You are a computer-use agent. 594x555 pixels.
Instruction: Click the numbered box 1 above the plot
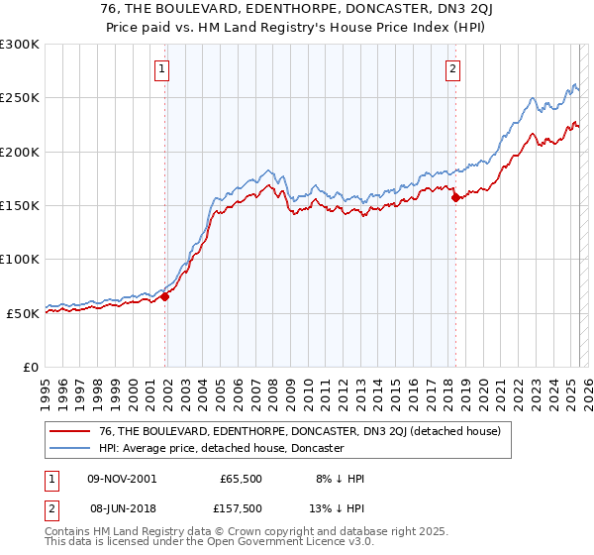coord(160,69)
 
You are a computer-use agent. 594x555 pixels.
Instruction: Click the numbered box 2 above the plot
coord(452,69)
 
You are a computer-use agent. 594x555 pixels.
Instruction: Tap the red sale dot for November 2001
coord(165,295)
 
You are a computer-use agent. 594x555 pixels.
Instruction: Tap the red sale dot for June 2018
coord(455,197)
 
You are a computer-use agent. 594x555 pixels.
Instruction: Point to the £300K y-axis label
coord(20,45)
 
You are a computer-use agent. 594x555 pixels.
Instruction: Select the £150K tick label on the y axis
coord(20,205)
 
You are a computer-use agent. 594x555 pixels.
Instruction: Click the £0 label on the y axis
coord(30,367)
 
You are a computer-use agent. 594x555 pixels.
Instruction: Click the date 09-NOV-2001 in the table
coord(122,479)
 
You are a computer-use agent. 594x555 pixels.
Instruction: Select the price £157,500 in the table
coord(241,508)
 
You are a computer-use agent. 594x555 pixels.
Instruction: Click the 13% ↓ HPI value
coord(337,508)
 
